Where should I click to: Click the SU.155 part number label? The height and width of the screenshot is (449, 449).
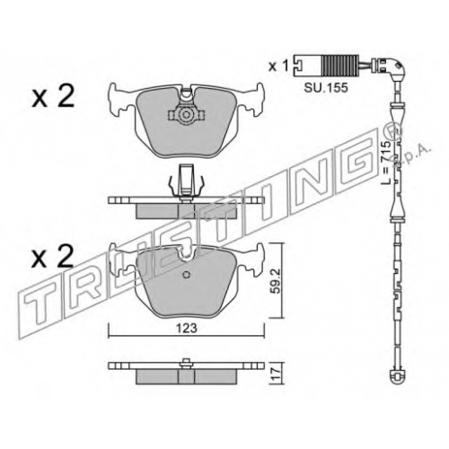pos(326,88)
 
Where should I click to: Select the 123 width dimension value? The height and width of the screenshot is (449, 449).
pos(186,328)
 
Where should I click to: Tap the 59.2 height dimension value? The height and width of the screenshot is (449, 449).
pos(276,281)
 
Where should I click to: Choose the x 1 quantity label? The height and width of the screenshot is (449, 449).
pos(278,66)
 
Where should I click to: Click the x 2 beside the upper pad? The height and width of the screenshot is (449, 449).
pos(53,96)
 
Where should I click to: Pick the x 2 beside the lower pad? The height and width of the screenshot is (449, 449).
pos(53,257)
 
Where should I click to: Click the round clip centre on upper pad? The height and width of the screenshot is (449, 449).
pos(186,115)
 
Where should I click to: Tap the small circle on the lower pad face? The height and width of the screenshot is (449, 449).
pos(186,275)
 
